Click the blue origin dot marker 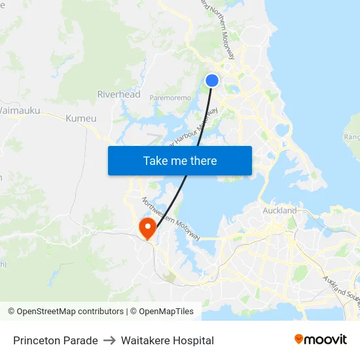[212, 81]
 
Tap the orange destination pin [148, 227]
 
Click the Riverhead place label [118, 94]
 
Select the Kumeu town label [81, 118]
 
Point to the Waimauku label [19, 111]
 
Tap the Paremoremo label [170, 98]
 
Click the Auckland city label [279, 211]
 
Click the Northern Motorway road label [217, 29]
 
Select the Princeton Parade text [56, 340]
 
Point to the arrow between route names [109, 340]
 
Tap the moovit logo [321, 340]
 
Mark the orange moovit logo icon [299, 339]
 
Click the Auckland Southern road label [340, 285]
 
